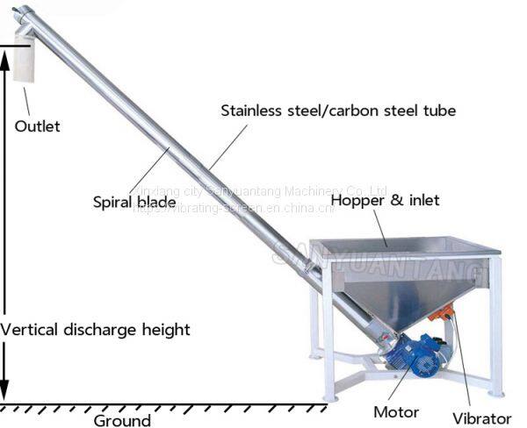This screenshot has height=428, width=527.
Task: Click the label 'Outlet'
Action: coord(38,125)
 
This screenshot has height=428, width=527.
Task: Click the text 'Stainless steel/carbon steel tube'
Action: coord(338,111)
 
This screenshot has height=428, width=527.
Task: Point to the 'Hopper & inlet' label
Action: coord(385,200)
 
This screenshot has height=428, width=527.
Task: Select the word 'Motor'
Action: coord(396,412)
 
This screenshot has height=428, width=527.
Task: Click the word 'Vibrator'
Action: coord(481,418)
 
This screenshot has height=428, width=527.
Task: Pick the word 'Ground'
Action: coord(122,420)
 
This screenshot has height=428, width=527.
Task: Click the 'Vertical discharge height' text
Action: coord(95,330)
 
